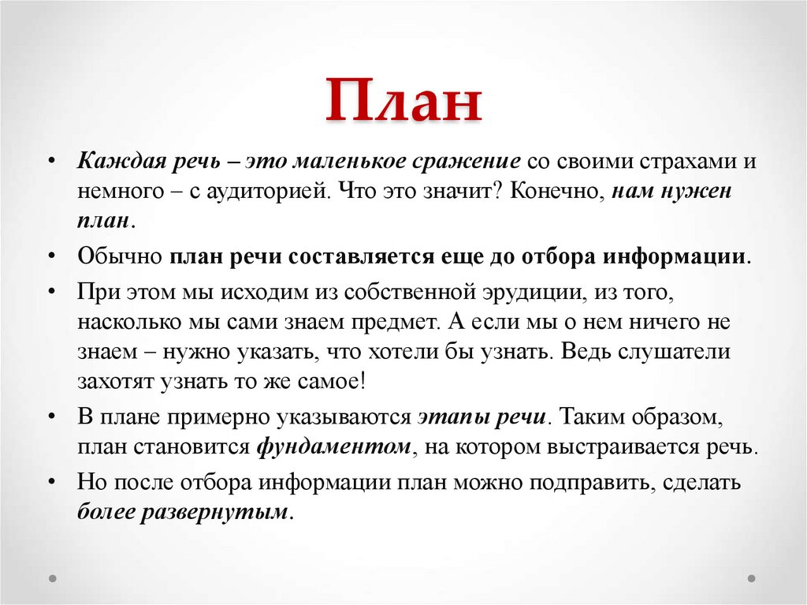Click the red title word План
(x=404, y=100)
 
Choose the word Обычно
(x=120, y=256)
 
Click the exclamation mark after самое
(x=363, y=381)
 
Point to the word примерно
(x=222, y=417)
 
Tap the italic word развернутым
(x=214, y=512)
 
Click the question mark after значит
(x=499, y=191)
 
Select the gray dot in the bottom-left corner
(x=53, y=578)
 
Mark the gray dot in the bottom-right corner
(x=751, y=578)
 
